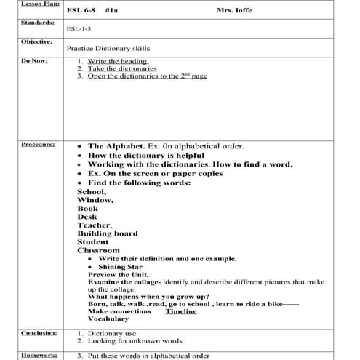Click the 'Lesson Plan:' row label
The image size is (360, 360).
tap(21, 4)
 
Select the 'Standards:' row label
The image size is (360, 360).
tap(20, 23)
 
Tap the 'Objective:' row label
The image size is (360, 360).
tap(20, 42)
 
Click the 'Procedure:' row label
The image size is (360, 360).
tap(19, 145)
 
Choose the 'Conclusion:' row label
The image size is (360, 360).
tap(20, 332)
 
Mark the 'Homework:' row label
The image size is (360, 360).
tap(20, 354)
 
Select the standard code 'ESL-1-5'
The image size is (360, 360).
tap(79, 30)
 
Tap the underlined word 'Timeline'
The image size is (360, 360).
tap(181, 311)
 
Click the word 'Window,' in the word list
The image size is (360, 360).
tap(95, 199)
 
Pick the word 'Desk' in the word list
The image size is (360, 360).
tap(87, 216)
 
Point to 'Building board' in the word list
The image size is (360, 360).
tap(108, 233)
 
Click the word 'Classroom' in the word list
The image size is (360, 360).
tap(99, 250)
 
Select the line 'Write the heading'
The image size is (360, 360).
tap(117, 61)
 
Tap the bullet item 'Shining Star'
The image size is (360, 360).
tap(116, 267)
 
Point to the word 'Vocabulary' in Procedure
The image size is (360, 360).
tap(108, 319)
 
